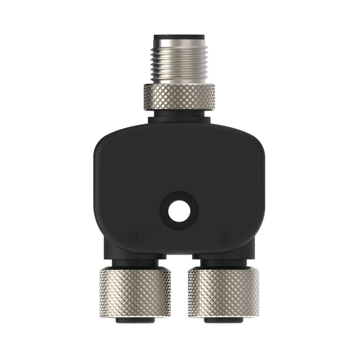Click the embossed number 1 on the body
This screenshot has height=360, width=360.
135,236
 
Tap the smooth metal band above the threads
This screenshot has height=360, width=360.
179,45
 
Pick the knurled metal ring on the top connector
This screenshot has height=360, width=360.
179,97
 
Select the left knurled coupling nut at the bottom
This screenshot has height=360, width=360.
135,292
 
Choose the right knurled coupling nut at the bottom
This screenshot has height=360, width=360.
224,292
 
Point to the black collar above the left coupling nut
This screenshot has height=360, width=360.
135,263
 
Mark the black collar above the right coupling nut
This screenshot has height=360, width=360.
224,263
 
